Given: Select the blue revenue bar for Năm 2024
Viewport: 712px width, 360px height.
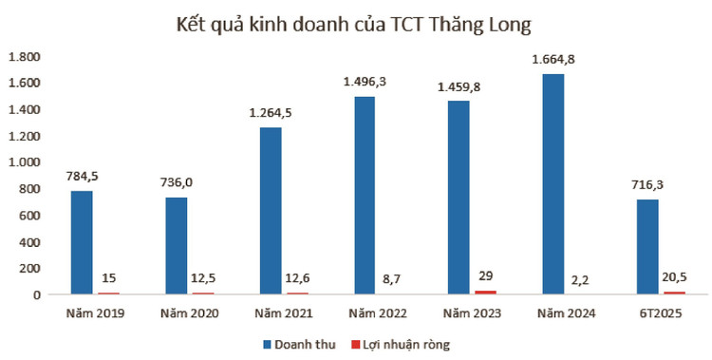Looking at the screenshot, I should (x=557, y=184).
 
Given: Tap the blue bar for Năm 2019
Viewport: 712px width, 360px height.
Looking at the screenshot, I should (x=84, y=242).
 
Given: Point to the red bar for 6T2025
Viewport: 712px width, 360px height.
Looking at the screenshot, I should (x=674, y=293).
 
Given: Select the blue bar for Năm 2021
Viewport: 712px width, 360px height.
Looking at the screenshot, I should (x=270, y=211).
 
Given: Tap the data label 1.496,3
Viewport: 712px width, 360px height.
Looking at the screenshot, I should (x=365, y=83).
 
